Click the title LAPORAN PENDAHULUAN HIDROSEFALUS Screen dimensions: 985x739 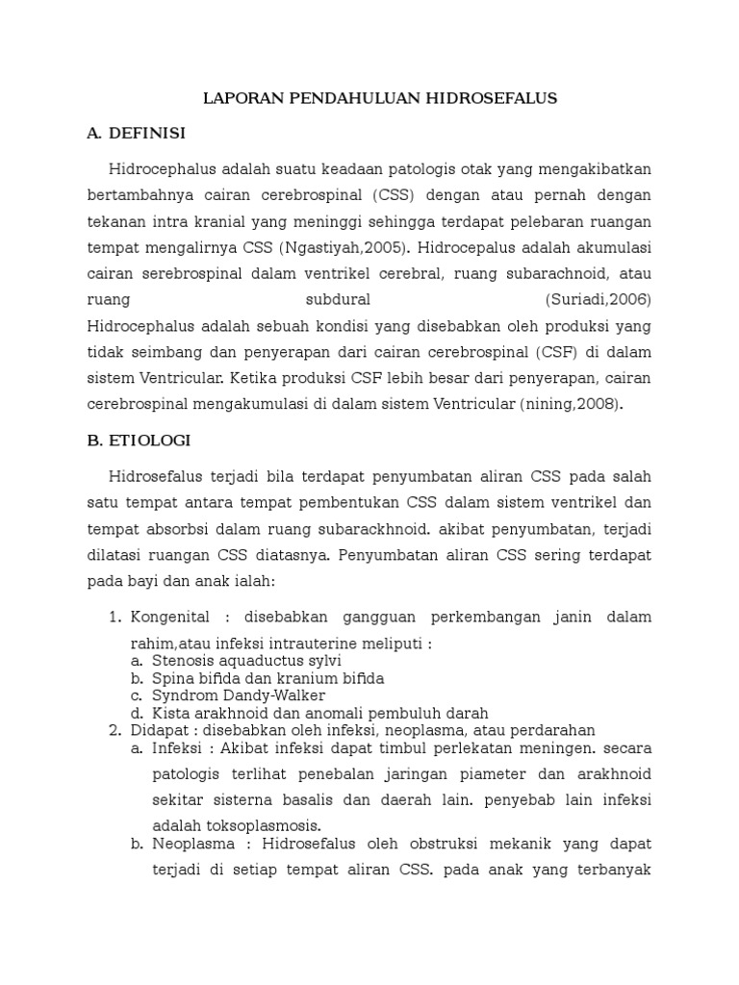click(x=379, y=98)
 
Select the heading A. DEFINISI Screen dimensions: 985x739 click(x=136, y=133)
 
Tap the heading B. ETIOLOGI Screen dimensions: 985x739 click(x=139, y=441)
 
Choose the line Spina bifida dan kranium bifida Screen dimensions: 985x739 click(x=268, y=678)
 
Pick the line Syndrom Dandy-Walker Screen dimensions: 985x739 click(x=239, y=695)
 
